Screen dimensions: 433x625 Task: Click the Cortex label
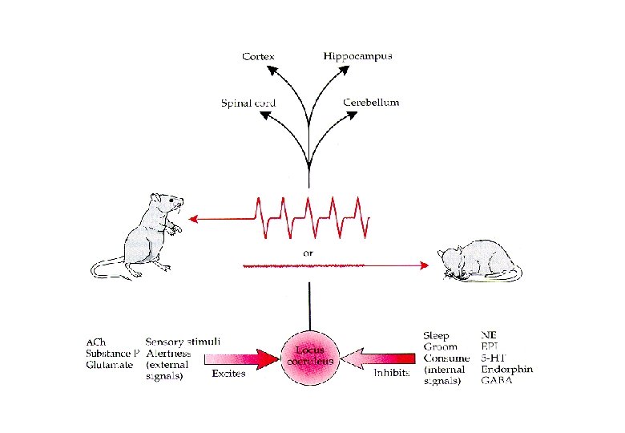(259, 56)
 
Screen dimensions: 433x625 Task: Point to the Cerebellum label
(371, 103)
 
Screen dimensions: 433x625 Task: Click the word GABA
(498, 381)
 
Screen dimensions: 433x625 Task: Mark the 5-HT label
(494, 358)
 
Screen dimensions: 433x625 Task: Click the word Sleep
(436, 335)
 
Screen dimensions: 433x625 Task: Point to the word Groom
(438, 346)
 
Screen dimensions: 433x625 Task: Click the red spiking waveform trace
(312, 216)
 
